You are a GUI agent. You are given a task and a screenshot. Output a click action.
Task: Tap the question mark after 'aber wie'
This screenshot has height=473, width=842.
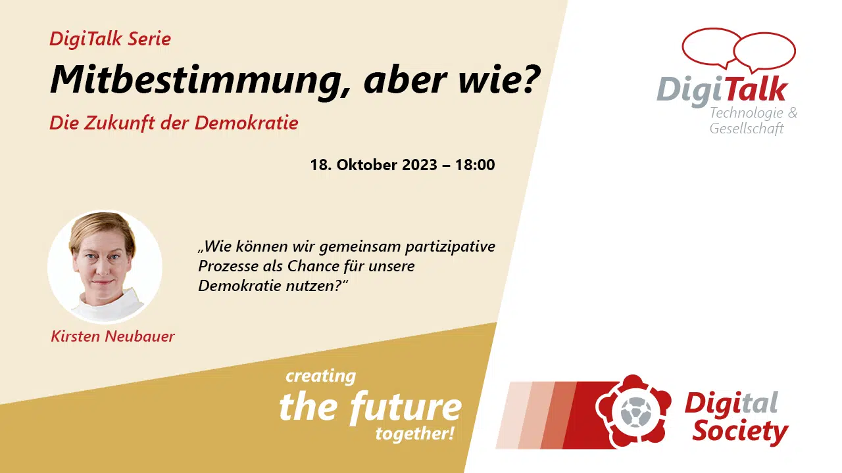tap(530, 78)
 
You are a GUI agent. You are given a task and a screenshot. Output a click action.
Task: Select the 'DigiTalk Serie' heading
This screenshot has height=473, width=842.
tap(110, 39)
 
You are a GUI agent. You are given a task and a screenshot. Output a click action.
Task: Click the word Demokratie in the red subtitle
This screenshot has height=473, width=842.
tap(246, 123)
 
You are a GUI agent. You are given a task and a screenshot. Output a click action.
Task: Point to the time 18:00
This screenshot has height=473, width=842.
tap(475, 165)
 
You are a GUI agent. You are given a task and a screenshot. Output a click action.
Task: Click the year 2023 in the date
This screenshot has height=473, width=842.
tap(420, 165)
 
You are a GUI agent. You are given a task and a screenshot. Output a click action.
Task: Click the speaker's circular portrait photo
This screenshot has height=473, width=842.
tap(105, 267)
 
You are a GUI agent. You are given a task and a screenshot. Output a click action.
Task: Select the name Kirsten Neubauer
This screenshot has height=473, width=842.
tap(112, 336)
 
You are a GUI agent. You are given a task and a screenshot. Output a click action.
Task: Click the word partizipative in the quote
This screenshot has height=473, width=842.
tap(450, 247)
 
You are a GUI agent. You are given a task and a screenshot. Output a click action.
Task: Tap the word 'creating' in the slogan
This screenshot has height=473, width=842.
tap(320, 376)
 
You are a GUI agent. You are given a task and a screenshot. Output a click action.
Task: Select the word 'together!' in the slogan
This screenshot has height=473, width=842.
tap(414, 434)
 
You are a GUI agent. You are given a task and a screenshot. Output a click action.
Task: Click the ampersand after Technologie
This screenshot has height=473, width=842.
tap(793, 112)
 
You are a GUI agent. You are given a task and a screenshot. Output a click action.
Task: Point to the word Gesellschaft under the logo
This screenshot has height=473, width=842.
tap(747, 128)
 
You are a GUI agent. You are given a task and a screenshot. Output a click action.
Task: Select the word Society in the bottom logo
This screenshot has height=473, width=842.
tap(740, 432)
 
